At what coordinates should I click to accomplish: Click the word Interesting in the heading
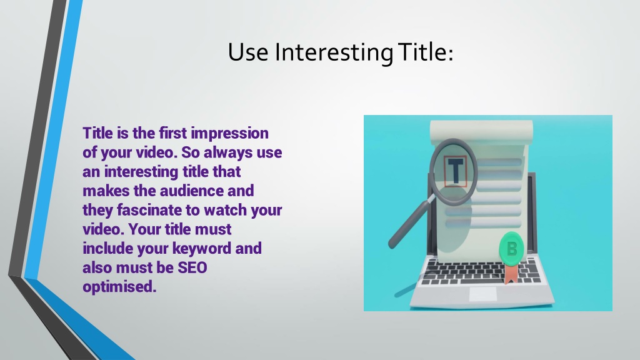pos(334,52)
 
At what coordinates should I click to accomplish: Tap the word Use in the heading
pos(247,52)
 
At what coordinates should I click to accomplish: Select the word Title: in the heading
pos(426,52)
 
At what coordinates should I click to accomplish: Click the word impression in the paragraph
pos(230,134)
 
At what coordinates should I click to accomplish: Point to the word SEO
pos(192,267)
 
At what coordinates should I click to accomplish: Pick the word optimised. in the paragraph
pos(119,287)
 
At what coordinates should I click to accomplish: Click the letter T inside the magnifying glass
pos(456,171)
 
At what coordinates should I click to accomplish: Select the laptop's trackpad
pos(483,294)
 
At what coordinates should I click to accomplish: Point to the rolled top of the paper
pos(482,131)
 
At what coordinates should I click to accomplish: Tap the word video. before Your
pos(104,229)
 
